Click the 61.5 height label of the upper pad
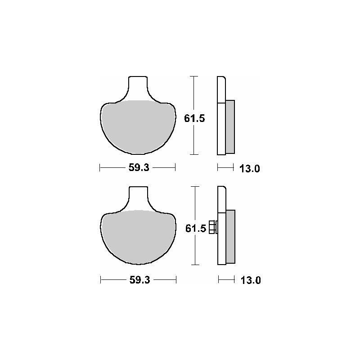pyautogui.click(x=194, y=118)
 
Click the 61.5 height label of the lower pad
pyautogui.click(x=196, y=229)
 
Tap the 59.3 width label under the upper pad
pyautogui.click(x=139, y=167)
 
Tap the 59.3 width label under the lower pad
pyautogui.click(x=139, y=280)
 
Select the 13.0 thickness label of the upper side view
pyautogui.click(x=250, y=169)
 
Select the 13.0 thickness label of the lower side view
pyautogui.click(x=251, y=280)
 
